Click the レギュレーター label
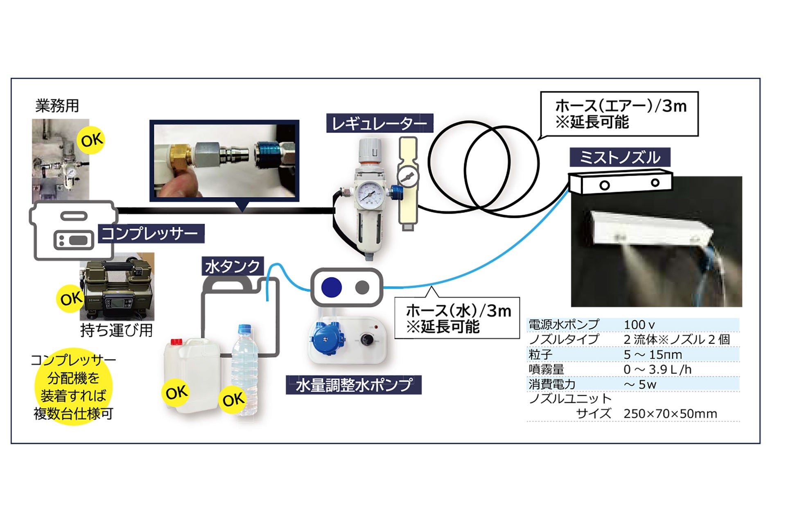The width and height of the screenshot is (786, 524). (379, 123)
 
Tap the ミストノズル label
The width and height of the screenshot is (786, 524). (620, 158)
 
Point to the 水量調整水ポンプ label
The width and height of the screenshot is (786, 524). (353, 385)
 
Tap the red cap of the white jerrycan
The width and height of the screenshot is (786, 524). (176, 341)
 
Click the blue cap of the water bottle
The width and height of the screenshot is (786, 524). (244, 328)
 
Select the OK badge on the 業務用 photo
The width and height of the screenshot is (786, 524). (91, 140)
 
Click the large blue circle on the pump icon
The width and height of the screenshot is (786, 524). (331, 287)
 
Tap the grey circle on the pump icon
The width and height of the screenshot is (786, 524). (362, 287)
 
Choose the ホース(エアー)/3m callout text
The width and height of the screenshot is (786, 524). (620, 113)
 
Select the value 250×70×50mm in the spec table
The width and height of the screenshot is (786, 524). (670, 414)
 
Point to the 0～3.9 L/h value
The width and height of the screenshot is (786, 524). (657, 369)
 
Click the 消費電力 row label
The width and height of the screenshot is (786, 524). (552, 384)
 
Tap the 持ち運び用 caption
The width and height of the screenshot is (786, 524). (117, 330)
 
